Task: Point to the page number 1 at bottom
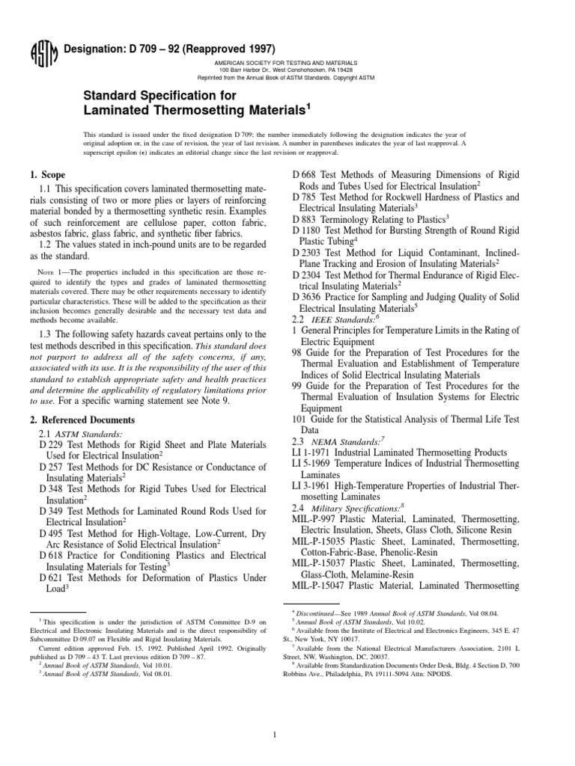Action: click(x=287, y=714)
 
